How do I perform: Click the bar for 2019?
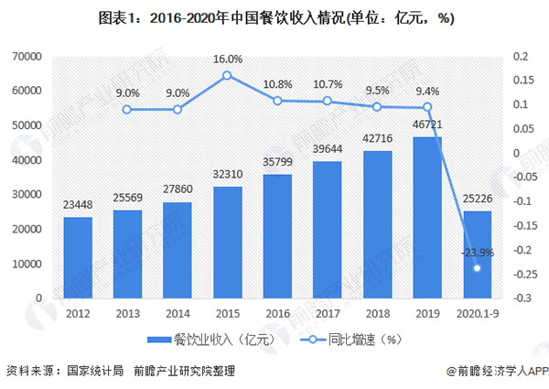pyautogui.click(x=427, y=218)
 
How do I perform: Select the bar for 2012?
pyautogui.click(x=78, y=257)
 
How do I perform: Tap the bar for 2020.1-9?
pyautogui.click(x=477, y=254)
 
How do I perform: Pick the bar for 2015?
pyautogui.click(x=227, y=243)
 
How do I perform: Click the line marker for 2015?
pyautogui.click(x=227, y=75)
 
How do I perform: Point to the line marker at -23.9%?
pyautogui.click(x=477, y=268)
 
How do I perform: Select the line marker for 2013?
pyautogui.click(x=127, y=110)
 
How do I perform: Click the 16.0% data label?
pyautogui.click(x=227, y=59)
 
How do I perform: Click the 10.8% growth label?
pyautogui.click(x=277, y=83)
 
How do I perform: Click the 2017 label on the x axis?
pyautogui.click(x=327, y=313)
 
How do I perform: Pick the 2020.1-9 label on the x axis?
pyautogui.click(x=477, y=313)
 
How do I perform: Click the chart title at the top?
pyautogui.click(x=274, y=16)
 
